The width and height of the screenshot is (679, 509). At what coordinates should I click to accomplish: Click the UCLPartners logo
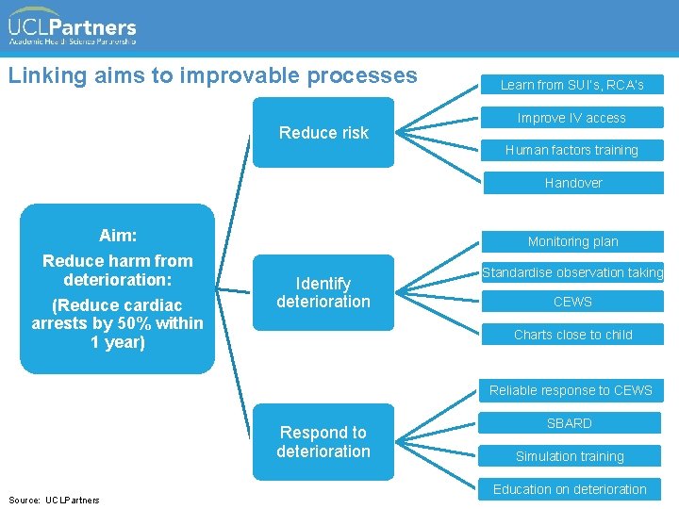point(73,26)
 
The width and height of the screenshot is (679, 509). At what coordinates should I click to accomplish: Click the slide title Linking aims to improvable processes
point(212,75)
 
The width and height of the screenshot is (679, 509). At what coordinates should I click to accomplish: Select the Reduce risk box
point(323,133)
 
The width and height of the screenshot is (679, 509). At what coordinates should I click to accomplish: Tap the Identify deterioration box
point(323,292)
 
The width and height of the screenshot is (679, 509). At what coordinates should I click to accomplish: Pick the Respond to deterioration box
point(323,442)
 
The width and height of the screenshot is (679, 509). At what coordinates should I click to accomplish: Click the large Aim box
point(117,288)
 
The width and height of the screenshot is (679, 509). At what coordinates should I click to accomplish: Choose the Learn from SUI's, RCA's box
point(571,85)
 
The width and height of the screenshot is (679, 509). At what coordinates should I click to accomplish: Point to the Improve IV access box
point(571,118)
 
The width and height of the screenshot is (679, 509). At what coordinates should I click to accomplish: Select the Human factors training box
point(571,150)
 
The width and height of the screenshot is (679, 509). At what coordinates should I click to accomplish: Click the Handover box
point(572,183)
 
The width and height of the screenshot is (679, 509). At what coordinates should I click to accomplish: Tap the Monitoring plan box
point(572,241)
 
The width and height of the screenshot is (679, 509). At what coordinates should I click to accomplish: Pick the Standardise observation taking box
point(572,272)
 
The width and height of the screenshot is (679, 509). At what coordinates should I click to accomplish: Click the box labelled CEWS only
point(572,302)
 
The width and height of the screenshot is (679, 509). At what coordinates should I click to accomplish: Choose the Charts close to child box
point(572,335)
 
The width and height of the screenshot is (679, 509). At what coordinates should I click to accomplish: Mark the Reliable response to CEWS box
point(571,390)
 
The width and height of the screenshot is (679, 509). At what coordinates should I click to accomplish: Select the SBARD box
point(570,423)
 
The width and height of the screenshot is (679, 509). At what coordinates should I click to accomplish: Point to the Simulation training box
point(570,456)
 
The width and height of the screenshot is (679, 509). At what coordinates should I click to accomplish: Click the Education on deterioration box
point(570,489)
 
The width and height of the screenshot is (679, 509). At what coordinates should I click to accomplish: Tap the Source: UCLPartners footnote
point(53,500)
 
